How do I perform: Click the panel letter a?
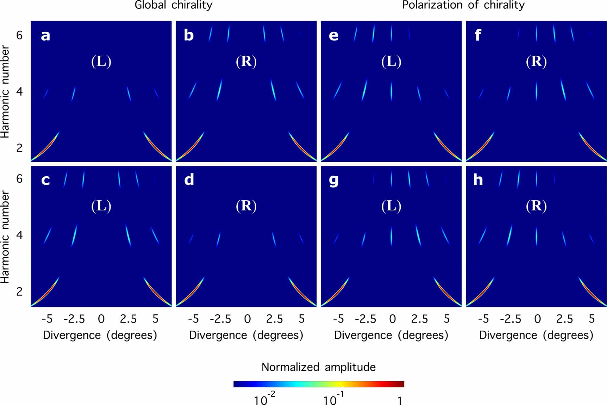pos(45,36)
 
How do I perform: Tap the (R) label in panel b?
pos(246,61)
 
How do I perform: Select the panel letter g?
pos(333,180)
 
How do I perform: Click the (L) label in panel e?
pos(391,61)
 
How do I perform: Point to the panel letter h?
pos(478,180)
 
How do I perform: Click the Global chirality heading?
pos(173,5)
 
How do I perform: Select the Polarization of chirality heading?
pos(463,5)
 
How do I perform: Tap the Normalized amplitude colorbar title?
pos(318,367)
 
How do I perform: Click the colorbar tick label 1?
pos(400,400)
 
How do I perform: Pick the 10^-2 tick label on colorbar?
pos(264,399)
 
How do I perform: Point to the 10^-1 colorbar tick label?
pos(333,399)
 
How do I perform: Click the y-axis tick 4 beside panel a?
pos(19,92)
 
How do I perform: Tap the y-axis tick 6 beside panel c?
pos(19,179)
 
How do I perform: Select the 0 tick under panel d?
pos(248,319)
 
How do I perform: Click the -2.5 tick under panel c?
pos(74,319)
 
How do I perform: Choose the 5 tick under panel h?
pos(592,319)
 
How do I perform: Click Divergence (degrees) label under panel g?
pos(391,335)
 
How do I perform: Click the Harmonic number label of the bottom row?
pos(5,237)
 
